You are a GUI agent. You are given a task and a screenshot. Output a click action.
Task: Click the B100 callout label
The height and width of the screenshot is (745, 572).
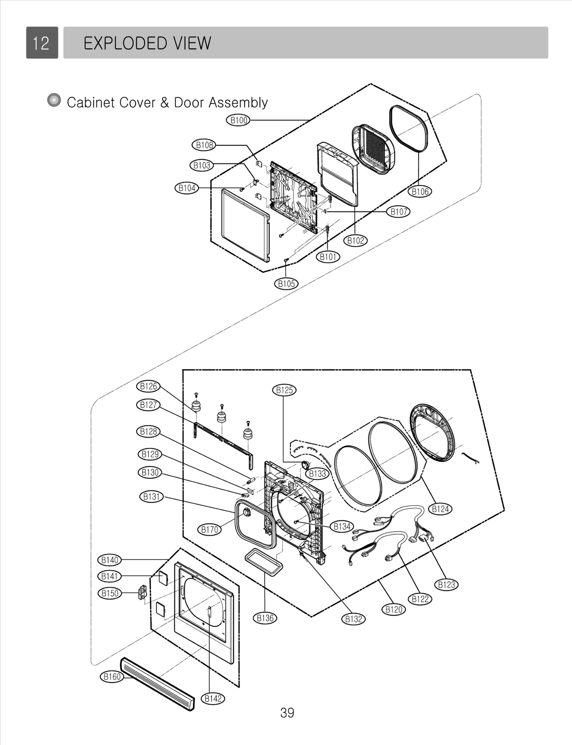tap(238, 120)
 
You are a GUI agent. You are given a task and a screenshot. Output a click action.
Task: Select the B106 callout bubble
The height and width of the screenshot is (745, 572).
tap(420, 192)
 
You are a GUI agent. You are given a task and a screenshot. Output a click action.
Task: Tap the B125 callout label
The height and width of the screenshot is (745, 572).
tap(284, 390)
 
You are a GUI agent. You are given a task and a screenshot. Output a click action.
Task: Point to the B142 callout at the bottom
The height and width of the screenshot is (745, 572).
tap(213, 699)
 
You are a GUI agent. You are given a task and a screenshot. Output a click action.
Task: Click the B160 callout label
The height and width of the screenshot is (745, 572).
tap(112, 677)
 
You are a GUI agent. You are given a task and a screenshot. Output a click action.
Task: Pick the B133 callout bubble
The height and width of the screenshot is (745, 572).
tap(317, 474)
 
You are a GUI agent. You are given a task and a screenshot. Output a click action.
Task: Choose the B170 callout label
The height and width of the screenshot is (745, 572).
tap(209, 530)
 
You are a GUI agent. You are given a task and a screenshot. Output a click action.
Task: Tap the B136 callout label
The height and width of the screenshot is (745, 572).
tap(265, 618)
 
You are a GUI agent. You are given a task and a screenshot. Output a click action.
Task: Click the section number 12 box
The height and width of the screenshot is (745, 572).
tap(42, 43)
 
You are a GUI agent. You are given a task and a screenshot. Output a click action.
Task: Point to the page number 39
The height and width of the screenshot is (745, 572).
tap(287, 713)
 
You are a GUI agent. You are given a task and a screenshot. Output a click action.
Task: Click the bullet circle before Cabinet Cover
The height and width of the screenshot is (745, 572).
tap(54, 101)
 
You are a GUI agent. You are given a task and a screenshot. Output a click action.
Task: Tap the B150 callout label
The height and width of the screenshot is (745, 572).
tap(110, 593)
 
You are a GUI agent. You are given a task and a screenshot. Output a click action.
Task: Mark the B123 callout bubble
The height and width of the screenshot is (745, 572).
tap(447, 585)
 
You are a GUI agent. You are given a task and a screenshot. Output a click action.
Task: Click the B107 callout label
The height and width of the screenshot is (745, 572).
tap(399, 212)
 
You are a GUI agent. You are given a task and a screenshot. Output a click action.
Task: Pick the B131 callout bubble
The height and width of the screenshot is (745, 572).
tap(151, 497)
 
